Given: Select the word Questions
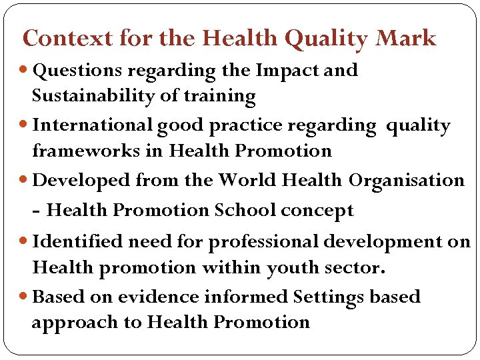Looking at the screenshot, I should click(x=77, y=71).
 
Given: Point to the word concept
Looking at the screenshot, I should click(x=317, y=211).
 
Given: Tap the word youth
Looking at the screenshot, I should click(x=296, y=268).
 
